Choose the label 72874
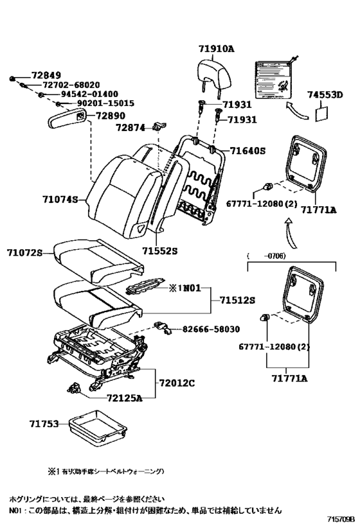pos(132,128)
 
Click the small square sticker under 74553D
pos(322,112)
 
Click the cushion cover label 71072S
pos(24,253)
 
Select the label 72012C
pos(177,383)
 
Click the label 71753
pos(44,424)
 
